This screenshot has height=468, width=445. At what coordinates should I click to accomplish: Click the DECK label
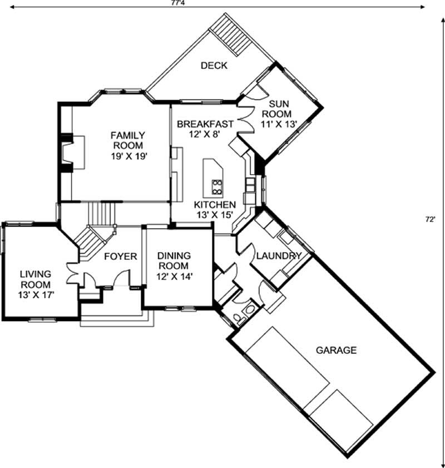pos(214,66)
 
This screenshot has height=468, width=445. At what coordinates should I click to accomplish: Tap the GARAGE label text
pos(336,350)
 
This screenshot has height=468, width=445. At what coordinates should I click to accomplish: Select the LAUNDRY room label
pos(279,256)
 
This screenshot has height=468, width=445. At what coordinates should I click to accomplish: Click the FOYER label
pos(120,257)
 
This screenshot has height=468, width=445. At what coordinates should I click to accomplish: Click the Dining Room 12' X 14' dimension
pos(174,276)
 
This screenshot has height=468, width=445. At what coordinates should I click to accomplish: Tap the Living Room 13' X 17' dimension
pos(36,295)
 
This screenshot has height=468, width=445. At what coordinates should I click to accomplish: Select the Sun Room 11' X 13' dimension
pos(279,124)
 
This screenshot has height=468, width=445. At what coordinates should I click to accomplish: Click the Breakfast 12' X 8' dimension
pos(205,134)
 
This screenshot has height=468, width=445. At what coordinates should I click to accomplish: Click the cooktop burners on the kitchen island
pos(217,185)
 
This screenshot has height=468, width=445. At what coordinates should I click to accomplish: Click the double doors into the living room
pos(73,275)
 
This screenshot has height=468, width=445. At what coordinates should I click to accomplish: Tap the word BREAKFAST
pos(205,124)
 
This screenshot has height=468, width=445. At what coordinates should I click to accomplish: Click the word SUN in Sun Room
pos(279,104)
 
